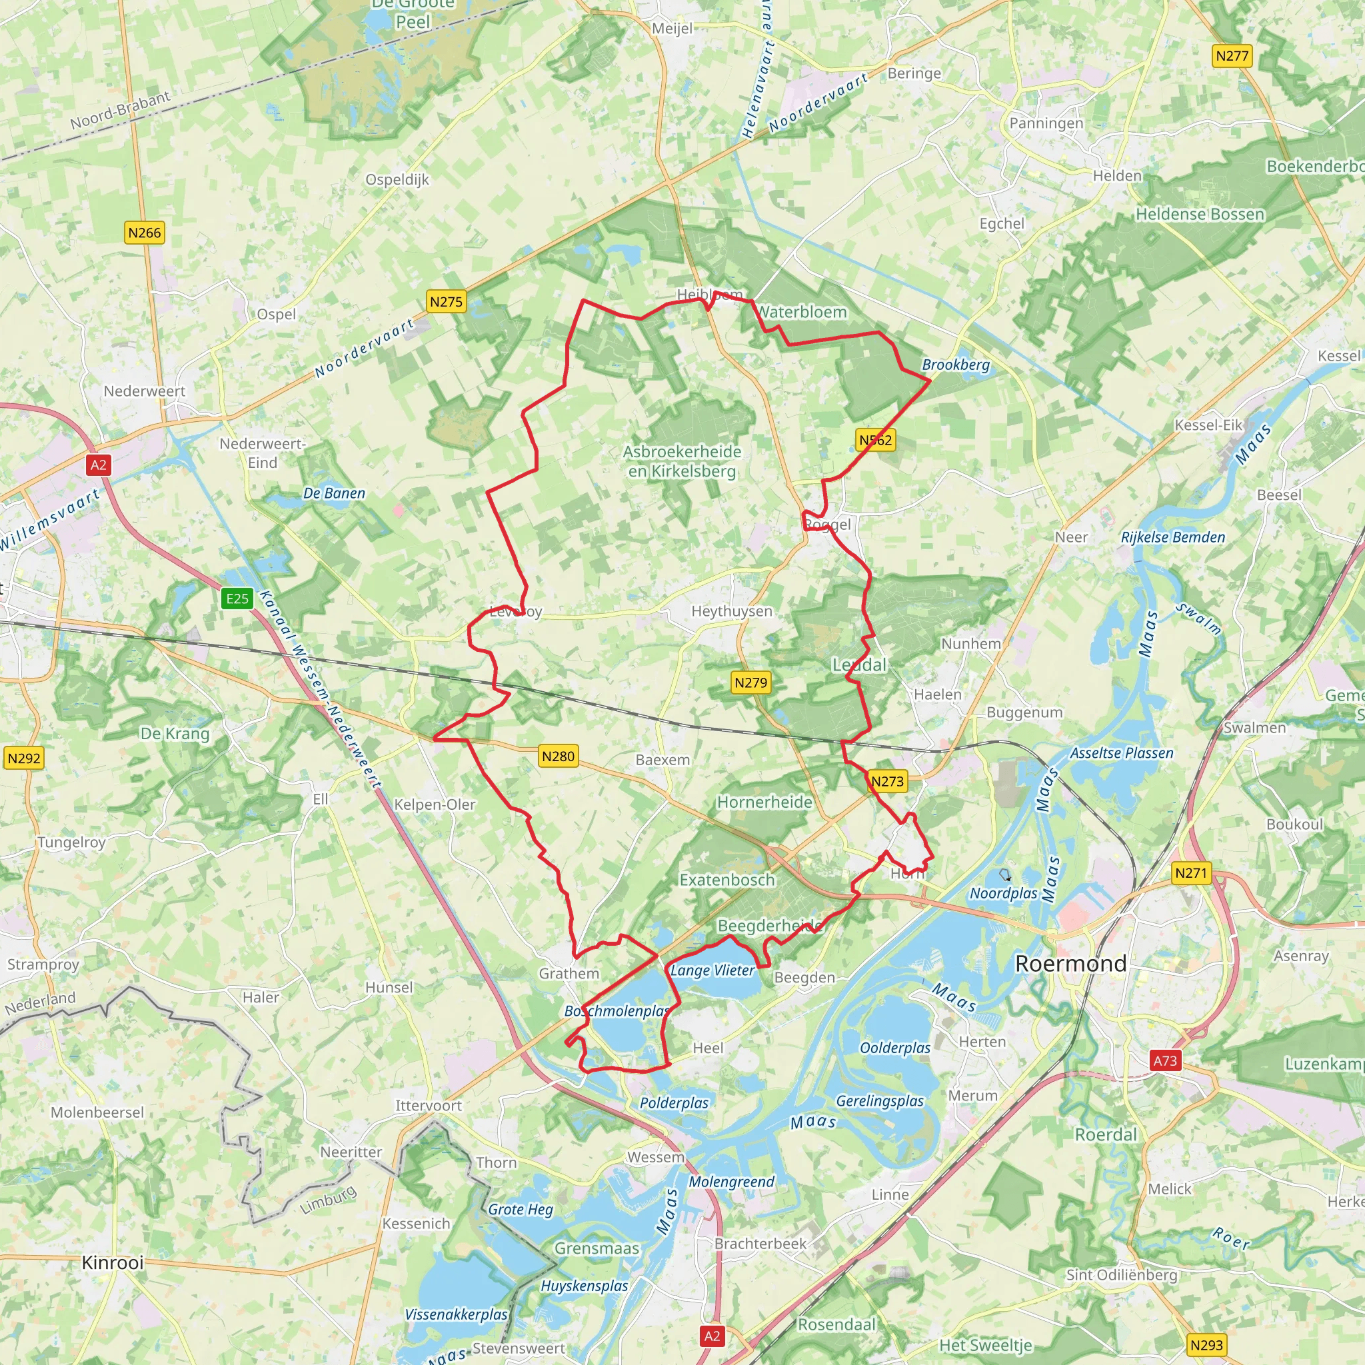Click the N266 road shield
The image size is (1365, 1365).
pyautogui.click(x=144, y=233)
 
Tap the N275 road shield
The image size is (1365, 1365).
pyautogui.click(x=446, y=302)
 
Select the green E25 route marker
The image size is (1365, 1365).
pyautogui.click(x=237, y=599)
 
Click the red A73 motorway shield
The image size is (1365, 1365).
pyautogui.click(x=1165, y=1060)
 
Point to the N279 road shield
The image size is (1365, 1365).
pyautogui.click(x=750, y=682)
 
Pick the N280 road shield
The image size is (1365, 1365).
pyautogui.click(x=558, y=756)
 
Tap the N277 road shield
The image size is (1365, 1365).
pyautogui.click(x=1232, y=56)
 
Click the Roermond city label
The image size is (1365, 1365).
pyautogui.click(x=1070, y=964)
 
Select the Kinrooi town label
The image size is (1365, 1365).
pyautogui.click(x=113, y=1262)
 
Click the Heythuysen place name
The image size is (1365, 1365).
pyautogui.click(x=731, y=611)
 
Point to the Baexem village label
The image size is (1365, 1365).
pyautogui.click(x=662, y=760)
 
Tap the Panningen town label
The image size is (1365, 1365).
pyautogui.click(x=1046, y=123)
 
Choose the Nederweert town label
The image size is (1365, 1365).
pyautogui.click(x=144, y=391)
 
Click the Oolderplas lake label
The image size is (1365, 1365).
pyautogui.click(x=894, y=1048)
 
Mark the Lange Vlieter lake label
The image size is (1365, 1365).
pyautogui.click(x=712, y=970)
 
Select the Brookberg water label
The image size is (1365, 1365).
pyautogui.click(x=955, y=365)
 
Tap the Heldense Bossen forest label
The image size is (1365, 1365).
pyautogui.click(x=1200, y=214)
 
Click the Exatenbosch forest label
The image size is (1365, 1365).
pyautogui.click(x=727, y=880)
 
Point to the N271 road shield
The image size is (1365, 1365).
pyautogui.click(x=1190, y=872)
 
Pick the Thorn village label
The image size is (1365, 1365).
pyautogui.click(x=496, y=1162)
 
